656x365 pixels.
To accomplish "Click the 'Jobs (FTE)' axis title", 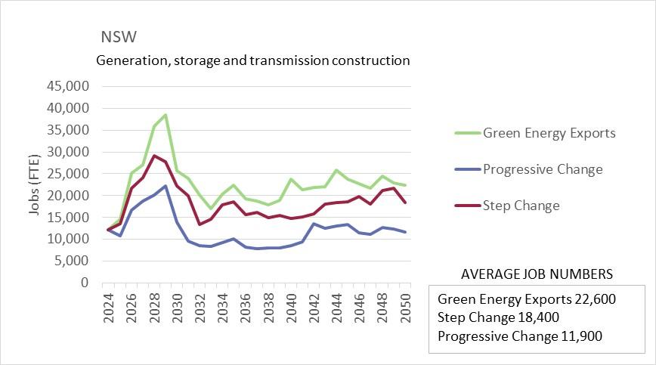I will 35,184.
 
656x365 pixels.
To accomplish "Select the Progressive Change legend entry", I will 543,169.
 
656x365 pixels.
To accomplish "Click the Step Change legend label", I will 521,205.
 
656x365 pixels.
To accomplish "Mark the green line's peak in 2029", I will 165,115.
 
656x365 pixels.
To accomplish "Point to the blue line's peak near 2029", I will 165,186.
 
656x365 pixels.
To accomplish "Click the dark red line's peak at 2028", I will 153,156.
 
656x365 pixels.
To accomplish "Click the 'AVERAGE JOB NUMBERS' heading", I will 537,274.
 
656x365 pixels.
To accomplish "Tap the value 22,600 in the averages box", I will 593,299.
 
